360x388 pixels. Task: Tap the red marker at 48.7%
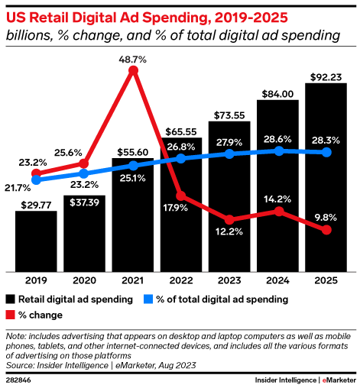click(x=133, y=70)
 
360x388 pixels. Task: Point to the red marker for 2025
click(x=326, y=230)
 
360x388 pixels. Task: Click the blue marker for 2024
click(x=278, y=150)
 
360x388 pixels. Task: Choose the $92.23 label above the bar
click(x=326, y=76)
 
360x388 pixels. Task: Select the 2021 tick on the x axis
click(x=133, y=280)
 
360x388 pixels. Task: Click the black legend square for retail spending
click(x=10, y=299)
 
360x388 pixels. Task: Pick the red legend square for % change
click(x=10, y=315)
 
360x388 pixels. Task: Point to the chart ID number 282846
click(x=18, y=379)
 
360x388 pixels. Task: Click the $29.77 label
click(x=36, y=205)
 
